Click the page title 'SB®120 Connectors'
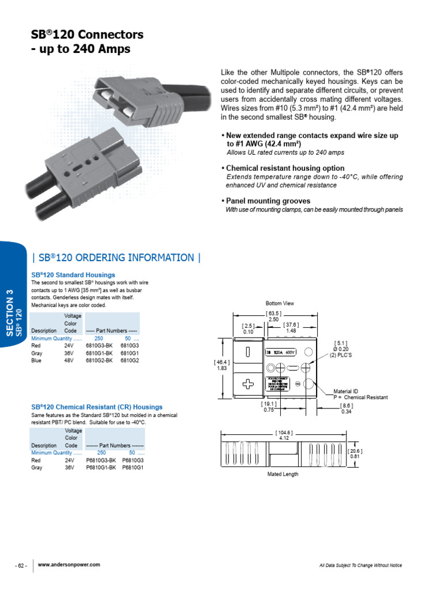87,35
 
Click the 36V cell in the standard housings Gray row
70,353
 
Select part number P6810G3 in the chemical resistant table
133,461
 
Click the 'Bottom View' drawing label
280,303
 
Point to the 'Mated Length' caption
283,475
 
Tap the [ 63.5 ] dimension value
273,313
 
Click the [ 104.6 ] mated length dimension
283,433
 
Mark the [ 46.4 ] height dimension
222,362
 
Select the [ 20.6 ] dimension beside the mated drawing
355,452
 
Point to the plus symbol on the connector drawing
249,385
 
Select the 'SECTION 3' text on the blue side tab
10,313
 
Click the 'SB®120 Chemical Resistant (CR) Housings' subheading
97,407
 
